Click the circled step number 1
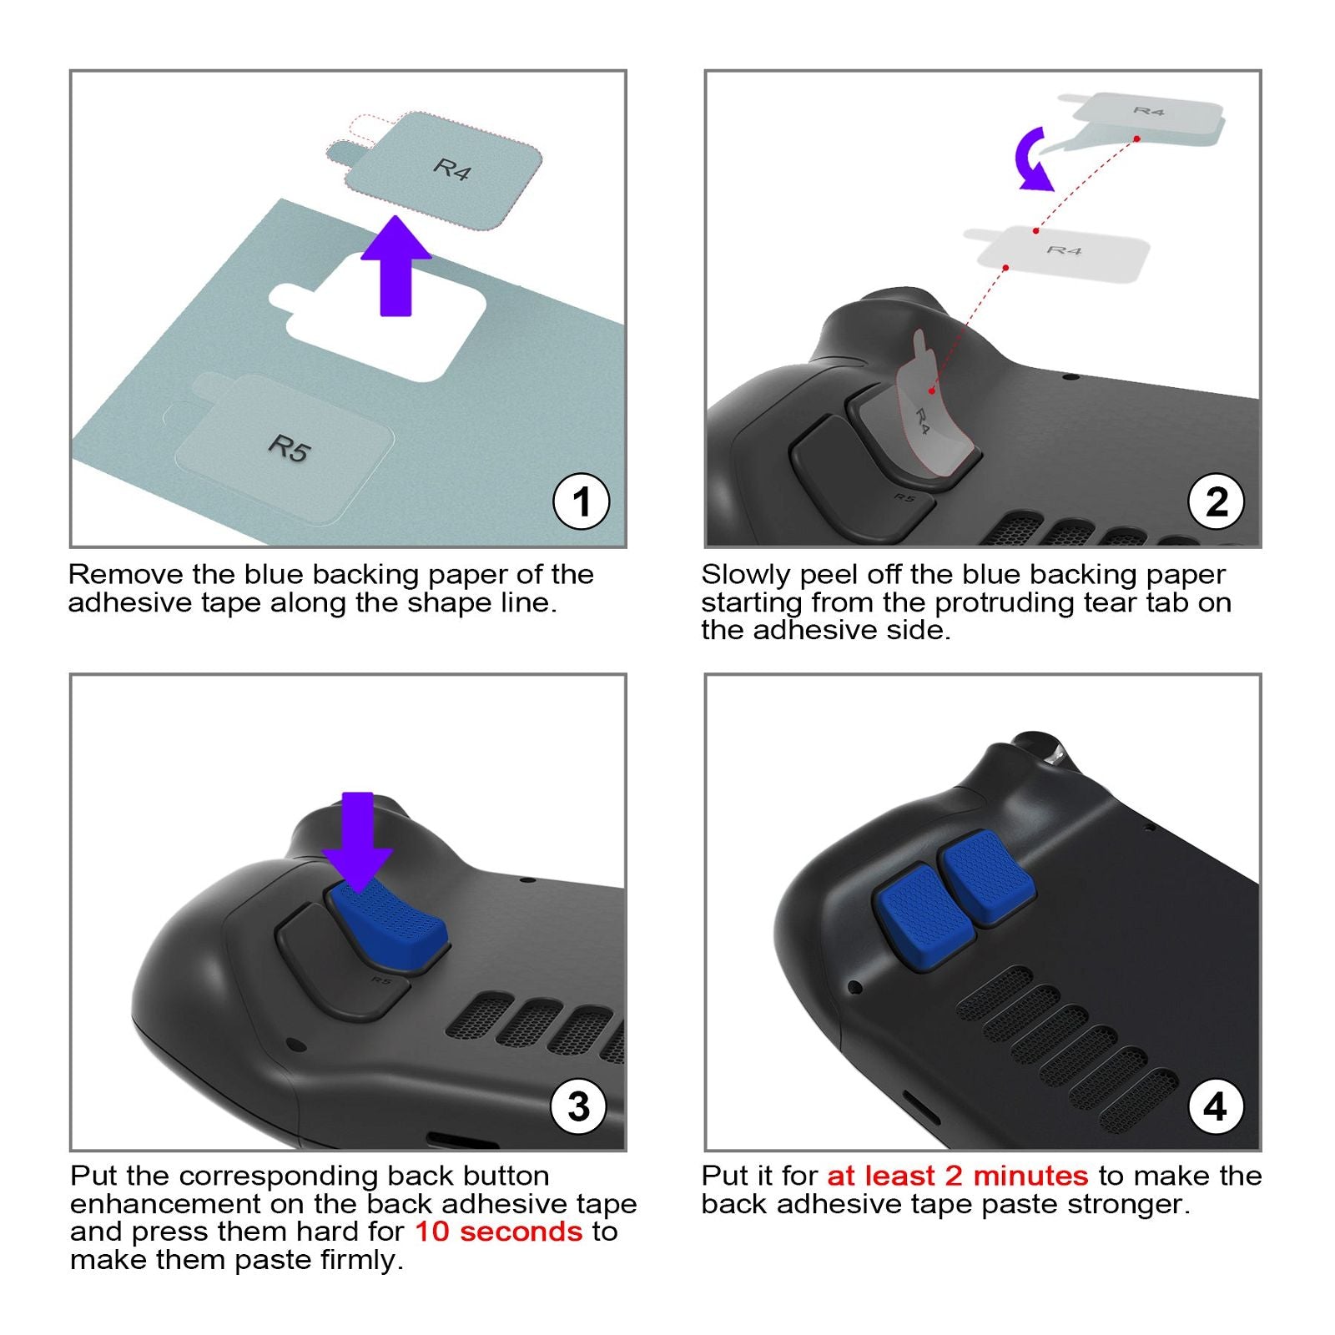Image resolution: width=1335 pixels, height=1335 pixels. [582, 501]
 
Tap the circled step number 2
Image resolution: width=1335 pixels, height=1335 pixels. [1217, 501]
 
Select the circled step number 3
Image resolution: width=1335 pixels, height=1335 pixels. [579, 1106]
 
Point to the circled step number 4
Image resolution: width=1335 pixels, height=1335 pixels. [1216, 1106]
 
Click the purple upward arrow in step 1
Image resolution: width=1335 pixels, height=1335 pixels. [395, 266]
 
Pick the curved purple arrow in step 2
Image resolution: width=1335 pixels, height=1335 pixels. [1031, 159]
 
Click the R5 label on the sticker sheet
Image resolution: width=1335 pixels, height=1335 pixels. [290, 448]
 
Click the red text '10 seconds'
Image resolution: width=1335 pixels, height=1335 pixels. [499, 1231]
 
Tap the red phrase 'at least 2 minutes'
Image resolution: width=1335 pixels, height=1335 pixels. [958, 1176]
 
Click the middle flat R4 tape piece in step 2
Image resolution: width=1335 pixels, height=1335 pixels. [1057, 252]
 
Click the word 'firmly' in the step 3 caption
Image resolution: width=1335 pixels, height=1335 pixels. [362, 1259]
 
